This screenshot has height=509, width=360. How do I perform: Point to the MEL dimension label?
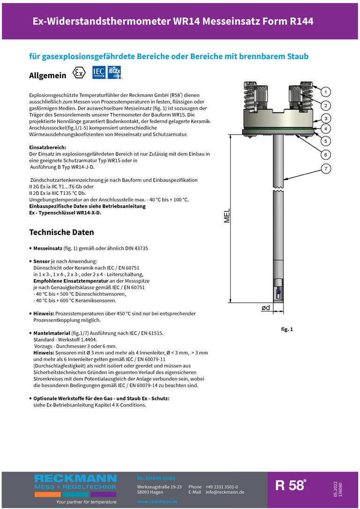(x=227, y=217)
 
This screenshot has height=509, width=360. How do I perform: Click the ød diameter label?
(x=265, y=308)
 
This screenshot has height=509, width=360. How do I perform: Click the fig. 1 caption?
(x=287, y=329)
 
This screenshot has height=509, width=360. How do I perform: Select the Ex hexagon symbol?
(x=80, y=74)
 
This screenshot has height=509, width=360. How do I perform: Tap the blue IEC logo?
(x=99, y=72)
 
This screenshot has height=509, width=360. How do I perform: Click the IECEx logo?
(x=114, y=72)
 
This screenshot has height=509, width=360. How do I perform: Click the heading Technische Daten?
(x=61, y=232)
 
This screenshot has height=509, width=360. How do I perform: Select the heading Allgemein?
(x=48, y=75)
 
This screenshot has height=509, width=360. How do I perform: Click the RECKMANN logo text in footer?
(x=75, y=478)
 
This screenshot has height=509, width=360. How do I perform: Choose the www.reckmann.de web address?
(x=157, y=502)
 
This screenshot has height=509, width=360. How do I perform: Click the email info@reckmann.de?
(x=225, y=492)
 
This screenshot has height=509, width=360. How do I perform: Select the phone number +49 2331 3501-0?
(x=221, y=487)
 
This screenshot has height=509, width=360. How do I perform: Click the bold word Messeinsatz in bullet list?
(x=48, y=248)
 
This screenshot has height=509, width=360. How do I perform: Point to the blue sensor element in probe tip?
(x=278, y=292)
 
